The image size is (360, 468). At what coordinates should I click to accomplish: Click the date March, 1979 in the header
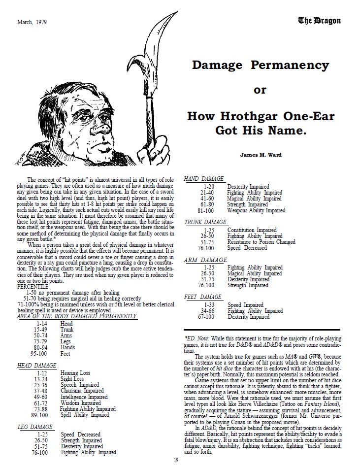(32, 22)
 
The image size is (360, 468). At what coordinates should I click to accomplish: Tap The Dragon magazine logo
(319, 21)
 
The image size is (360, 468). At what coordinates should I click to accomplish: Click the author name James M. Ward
(260, 154)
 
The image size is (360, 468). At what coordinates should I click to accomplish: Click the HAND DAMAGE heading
(204, 179)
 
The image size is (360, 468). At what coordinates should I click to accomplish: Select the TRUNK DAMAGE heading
(206, 223)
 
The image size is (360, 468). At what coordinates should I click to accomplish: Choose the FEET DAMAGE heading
(203, 298)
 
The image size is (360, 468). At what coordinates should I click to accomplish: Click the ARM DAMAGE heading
(205, 260)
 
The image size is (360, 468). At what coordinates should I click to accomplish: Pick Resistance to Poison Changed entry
(261, 242)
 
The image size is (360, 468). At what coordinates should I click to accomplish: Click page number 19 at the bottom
(176, 460)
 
